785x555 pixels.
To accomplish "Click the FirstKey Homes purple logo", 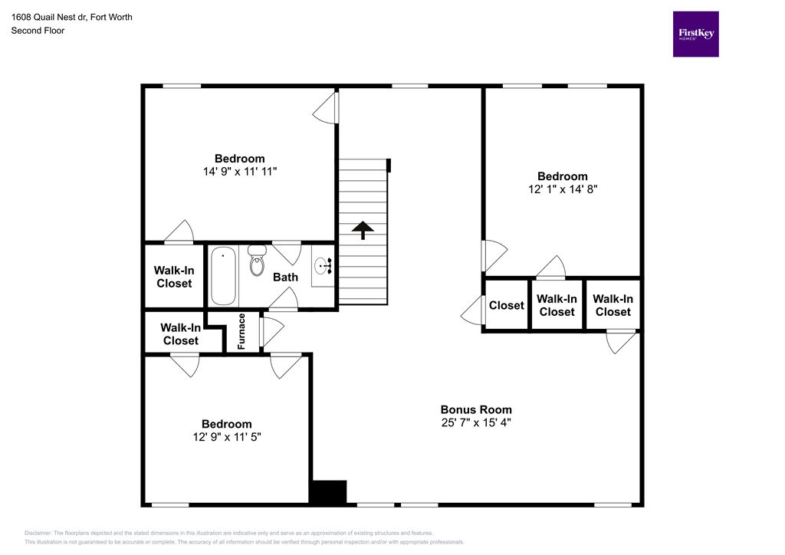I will [x=695, y=34].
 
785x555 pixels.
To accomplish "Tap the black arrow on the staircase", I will [x=363, y=229].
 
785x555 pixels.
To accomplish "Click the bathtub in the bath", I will [x=223, y=275].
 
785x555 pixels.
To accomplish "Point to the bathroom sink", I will [x=323, y=266].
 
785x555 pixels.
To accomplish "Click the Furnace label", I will [x=242, y=332].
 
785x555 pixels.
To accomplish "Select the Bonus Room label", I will [x=475, y=409].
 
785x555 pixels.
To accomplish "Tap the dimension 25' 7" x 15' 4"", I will [x=475, y=422].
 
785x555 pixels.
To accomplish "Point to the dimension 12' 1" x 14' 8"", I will [x=562, y=189].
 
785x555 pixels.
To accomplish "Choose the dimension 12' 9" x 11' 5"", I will [x=226, y=437].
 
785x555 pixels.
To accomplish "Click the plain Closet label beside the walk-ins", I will [x=507, y=305].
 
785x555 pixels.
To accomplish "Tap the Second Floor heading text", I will [x=38, y=31].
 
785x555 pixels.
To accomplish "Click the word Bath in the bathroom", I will [x=286, y=277].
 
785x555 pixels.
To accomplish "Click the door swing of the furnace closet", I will [x=271, y=330].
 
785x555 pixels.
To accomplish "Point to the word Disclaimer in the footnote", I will [x=38, y=533].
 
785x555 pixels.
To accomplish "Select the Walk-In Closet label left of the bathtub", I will [x=174, y=277].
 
